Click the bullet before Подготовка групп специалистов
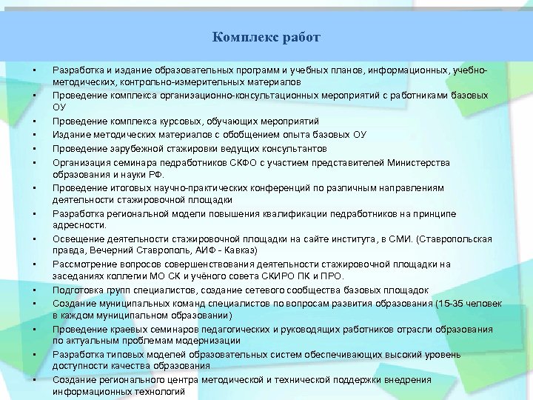35,290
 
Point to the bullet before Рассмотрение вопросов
35,264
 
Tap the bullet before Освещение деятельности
35,239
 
